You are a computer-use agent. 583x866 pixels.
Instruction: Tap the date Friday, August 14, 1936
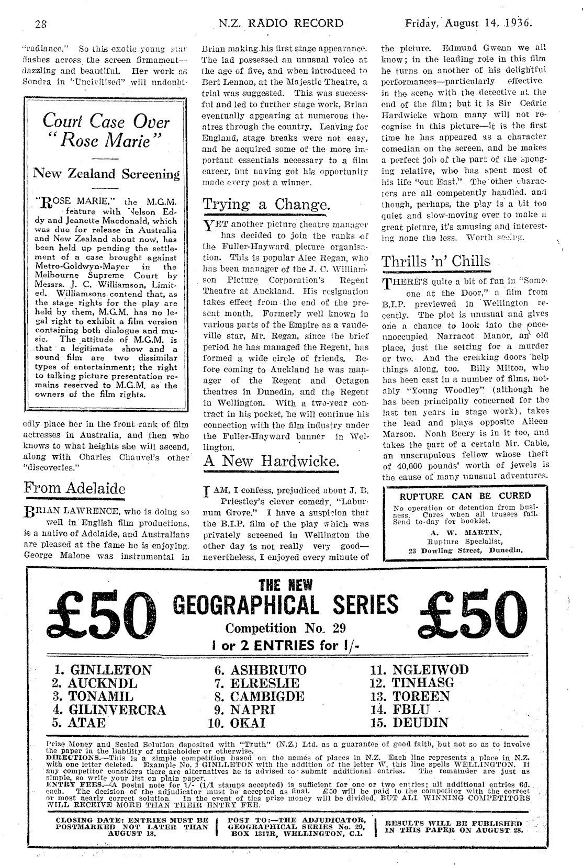pos(468,24)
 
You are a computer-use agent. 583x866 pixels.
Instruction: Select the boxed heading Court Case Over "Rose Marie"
pos(106,131)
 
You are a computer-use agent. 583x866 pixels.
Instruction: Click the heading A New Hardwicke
pos(271,461)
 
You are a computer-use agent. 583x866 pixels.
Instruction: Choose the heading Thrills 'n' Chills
pos(436,262)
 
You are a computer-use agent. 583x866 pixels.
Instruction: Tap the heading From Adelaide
pos(75,489)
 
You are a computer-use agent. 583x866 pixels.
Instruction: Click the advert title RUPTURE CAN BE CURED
pos(465,496)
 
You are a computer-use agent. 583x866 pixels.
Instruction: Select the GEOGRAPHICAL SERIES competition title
pos(285,604)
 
